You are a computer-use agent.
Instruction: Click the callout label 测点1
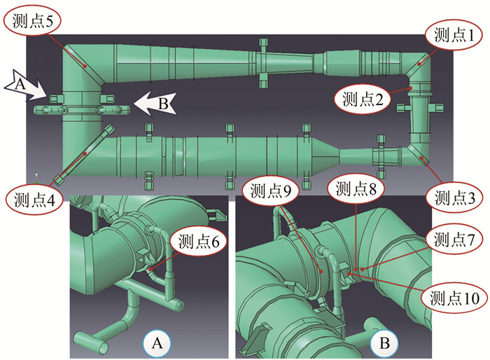click(453, 34)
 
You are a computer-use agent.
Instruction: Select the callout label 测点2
click(363, 99)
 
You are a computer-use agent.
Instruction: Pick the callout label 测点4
click(32, 199)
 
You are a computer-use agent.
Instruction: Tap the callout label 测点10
click(453, 298)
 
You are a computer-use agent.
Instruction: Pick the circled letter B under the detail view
click(384, 342)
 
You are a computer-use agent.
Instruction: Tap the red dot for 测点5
click(85, 64)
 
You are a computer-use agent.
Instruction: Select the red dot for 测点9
click(321, 271)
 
